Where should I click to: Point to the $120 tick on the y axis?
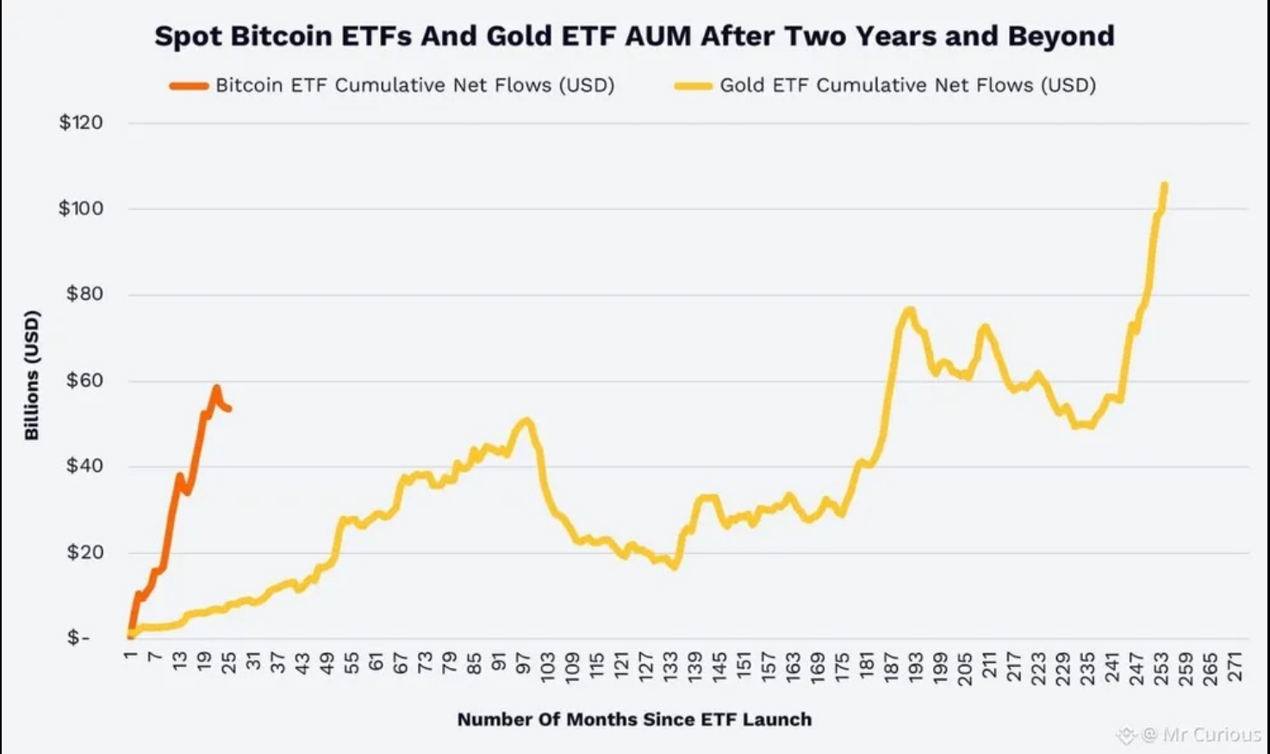click(81, 122)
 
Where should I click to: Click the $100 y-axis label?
click(81, 208)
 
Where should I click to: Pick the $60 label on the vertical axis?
click(84, 380)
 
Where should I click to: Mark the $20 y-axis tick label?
click(84, 553)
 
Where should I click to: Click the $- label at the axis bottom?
click(78, 638)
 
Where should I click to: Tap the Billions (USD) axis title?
click(32, 375)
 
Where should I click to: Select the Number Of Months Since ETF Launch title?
click(634, 720)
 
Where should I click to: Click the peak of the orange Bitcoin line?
click(215, 387)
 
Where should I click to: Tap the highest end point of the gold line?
click(1165, 184)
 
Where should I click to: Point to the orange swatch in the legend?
click(189, 85)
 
